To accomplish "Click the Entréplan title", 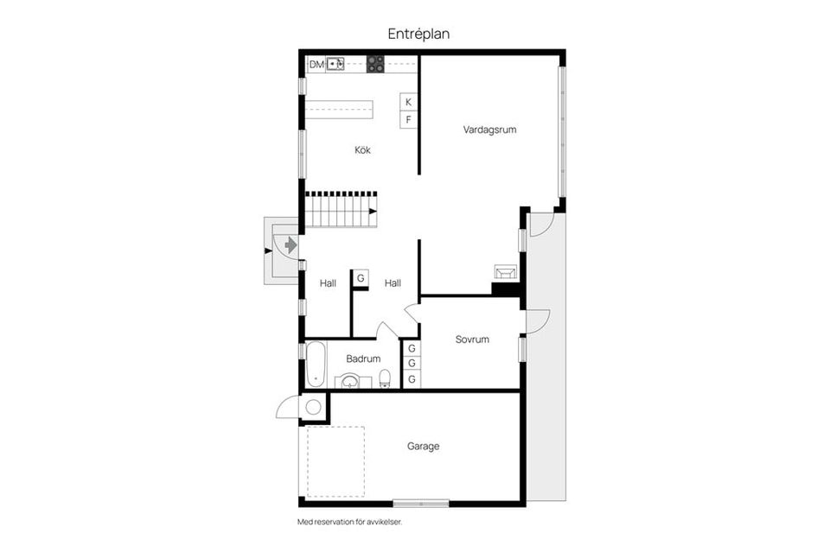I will tap(418, 34).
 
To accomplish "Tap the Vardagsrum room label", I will tap(489, 130).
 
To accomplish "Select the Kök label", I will tap(362, 149).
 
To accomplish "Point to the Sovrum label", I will tap(472, 339).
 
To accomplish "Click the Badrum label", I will tap(363, 358).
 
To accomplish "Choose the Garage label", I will tap(424, 447).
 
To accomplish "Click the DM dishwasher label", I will tap(316, 64).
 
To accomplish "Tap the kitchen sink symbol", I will tap(335, 64).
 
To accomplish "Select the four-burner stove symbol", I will tap(375, 63).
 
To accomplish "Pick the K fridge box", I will tap(409, 102).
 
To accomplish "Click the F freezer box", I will tap(409, 120).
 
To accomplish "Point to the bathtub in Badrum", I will tap(315, 365).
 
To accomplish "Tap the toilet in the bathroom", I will tap(385, 378).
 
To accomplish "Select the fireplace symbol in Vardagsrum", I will tap(504, 273).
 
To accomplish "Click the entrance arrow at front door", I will tap(289, 246).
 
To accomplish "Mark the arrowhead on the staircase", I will tap(373, 211).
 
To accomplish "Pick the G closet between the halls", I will tap(361, 278).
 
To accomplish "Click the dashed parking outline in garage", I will tap(335, 461).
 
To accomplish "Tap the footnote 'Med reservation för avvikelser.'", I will tap(350, 522).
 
